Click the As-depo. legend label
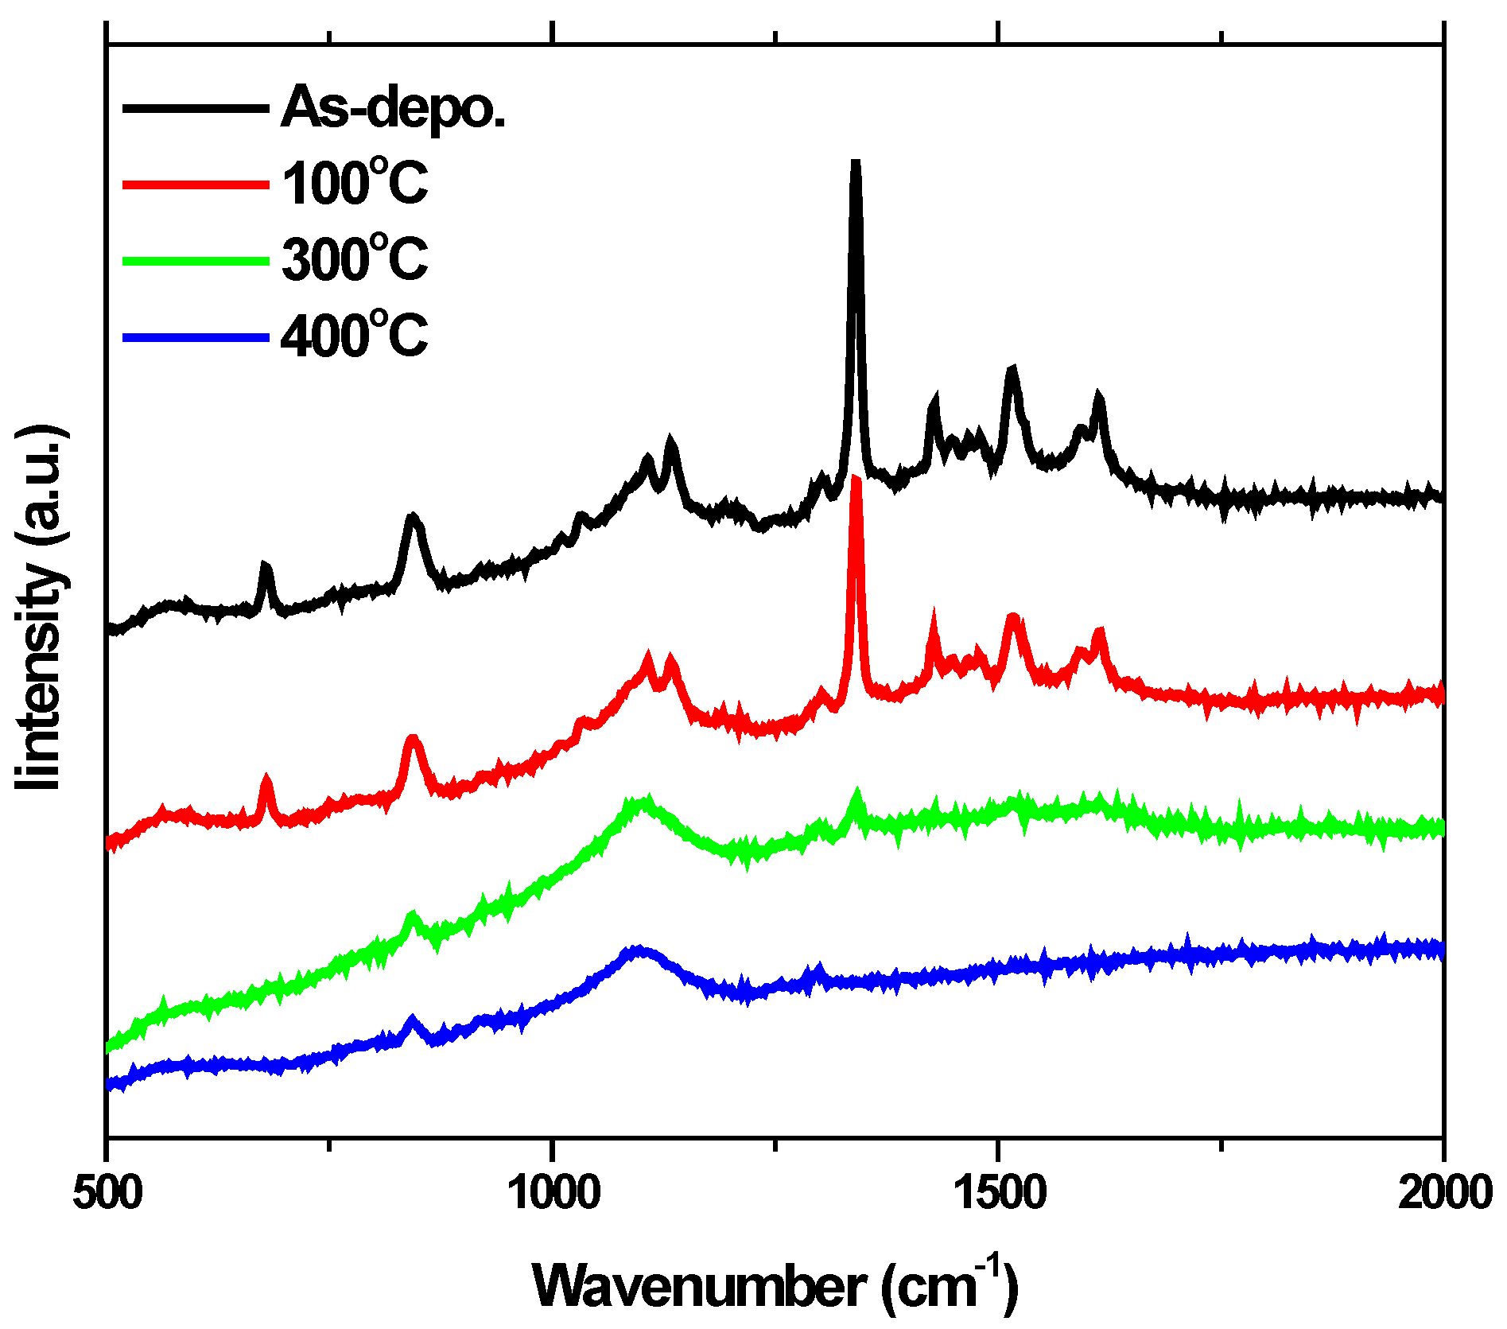(x=393, y=107)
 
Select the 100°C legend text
(x=355, y=184)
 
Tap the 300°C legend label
(x=355, y=259)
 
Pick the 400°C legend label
(x=355, y=335)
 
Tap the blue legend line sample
(x=196, y=336)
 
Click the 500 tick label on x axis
(x=107, y=1194)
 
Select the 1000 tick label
(x=552, y=1194)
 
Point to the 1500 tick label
(x=998, y=1194)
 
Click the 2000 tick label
(x=1443, y=1194)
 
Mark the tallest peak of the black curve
(x=856, y=163)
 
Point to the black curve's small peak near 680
(x=266, y=566)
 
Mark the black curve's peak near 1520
(x=1012, y=371)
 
